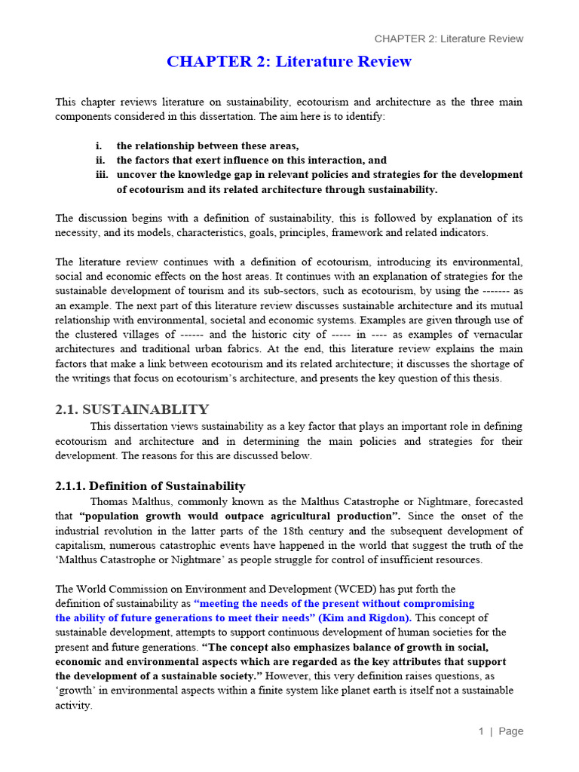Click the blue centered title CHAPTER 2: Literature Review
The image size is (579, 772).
(289, 62)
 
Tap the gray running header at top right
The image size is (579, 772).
(449, 38)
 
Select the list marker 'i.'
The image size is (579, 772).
(99, 146)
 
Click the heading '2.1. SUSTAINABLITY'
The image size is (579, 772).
(132, 409)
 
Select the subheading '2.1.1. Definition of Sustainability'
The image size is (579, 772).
(150, 486)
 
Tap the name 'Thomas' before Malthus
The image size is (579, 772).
(110, 501)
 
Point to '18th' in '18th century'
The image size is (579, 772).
(321, 530)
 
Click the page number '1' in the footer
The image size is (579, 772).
(480, 731)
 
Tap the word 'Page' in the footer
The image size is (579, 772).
(510, 731)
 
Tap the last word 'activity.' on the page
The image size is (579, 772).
(74, 705)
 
